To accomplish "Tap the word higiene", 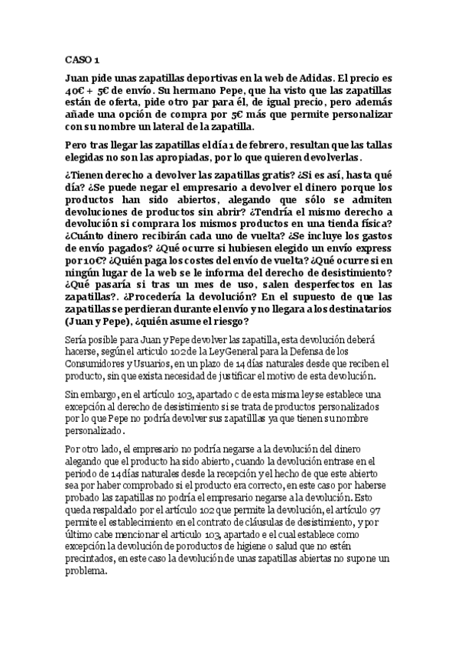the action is click(x=274, y=569).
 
